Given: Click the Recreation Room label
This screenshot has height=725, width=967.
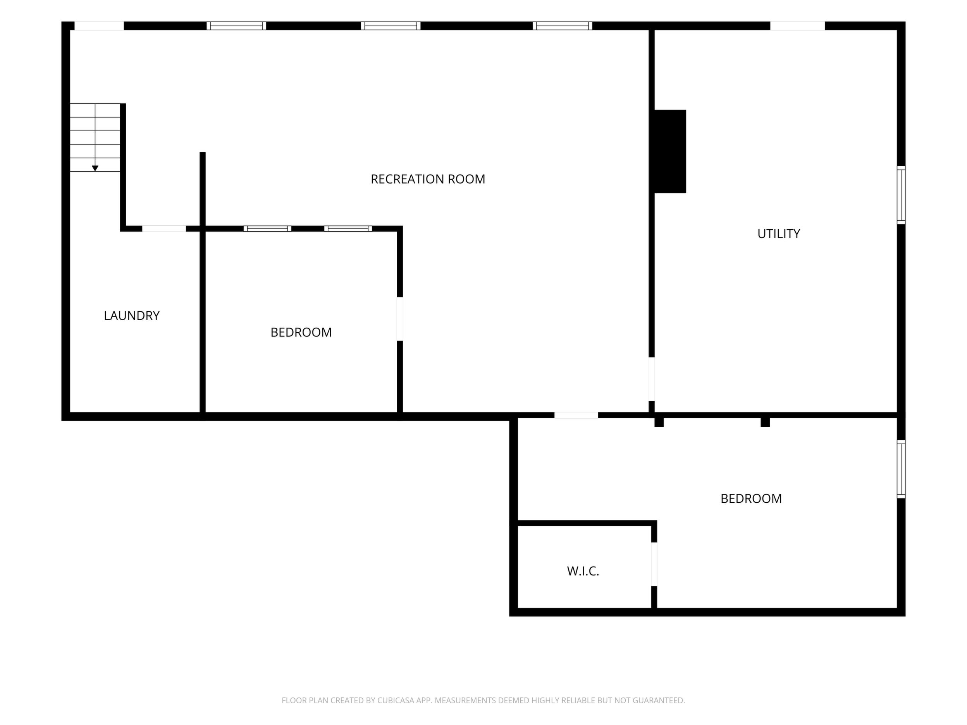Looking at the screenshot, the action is (428, 179).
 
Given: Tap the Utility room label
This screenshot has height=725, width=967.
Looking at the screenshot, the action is (779, 234).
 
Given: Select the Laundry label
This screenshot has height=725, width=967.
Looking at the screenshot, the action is (132, 316).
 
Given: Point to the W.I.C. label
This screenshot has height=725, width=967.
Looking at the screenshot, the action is (583, 571).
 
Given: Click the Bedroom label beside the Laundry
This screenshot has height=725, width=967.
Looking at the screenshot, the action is (301, 333).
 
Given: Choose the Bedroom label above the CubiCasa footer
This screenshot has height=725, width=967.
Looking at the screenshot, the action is (751, 498).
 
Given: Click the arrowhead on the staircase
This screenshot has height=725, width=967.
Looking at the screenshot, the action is (95, 168).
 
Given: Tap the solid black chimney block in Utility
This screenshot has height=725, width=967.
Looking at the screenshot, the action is (670, 151).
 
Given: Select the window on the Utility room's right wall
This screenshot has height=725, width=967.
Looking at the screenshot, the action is (901, 195).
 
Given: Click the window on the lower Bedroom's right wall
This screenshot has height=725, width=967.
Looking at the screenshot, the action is (901, 469).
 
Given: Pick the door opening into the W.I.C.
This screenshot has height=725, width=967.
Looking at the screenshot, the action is (654, 564).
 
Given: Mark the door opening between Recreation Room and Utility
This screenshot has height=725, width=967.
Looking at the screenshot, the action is (651, 379).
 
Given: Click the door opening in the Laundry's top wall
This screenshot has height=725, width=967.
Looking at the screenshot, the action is (164, 228).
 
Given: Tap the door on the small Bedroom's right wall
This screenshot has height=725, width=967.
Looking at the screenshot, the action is (399, 319).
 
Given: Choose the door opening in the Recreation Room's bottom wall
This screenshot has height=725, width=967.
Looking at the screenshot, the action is (576, 415).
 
